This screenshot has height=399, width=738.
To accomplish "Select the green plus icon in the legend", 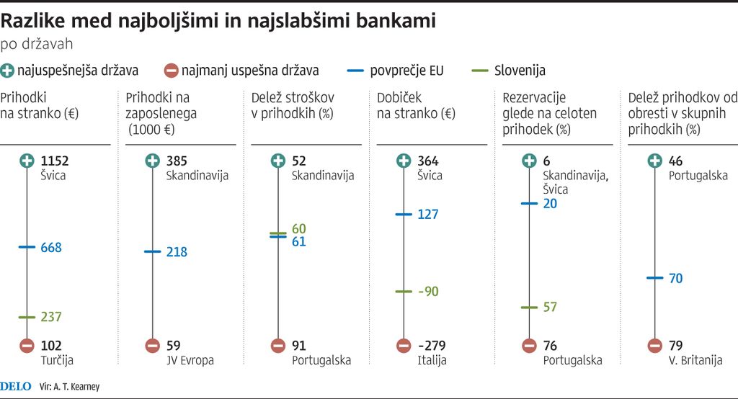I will [8, 71].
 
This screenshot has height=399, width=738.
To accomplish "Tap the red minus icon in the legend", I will [171, 71].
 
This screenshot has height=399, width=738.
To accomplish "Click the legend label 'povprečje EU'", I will [406, 71].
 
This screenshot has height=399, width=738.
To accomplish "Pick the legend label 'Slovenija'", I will [520, 71].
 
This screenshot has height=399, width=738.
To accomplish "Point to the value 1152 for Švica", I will [56, 161].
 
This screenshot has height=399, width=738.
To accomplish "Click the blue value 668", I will [52, 248].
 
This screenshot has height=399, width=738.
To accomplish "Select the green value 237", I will [52, 317].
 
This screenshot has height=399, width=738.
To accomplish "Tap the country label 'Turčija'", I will [58, 360].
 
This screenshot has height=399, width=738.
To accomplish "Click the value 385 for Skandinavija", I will [177, 161].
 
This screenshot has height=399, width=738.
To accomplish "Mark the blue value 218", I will [177, 252].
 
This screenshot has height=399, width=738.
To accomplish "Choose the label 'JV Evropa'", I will [190, 360].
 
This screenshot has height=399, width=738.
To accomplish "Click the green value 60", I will [299, 229].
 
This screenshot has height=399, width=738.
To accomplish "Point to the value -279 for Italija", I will [432, 346].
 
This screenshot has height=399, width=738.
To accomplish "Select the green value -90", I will [428, 292].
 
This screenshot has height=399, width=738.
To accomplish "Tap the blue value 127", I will [427, 215].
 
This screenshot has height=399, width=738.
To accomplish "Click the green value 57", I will [550, 308].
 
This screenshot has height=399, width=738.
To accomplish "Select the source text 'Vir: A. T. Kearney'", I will [70, 387].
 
